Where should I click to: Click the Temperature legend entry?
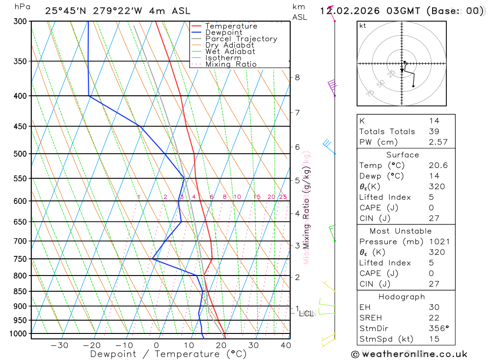coord(231,26)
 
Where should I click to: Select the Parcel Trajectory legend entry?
coord(241,39)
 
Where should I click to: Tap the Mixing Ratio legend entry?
coord(231,64)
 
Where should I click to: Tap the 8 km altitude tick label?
coord(297,77)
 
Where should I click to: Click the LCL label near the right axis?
coord(306,313)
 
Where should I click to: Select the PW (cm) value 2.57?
coord(437,142)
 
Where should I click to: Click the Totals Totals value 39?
coord(433,131)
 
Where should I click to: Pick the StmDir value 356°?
coord(438,329)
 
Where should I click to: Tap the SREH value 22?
coord(433,318)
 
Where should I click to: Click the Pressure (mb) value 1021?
coord(436,242)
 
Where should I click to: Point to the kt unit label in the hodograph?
coord(363,26)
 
